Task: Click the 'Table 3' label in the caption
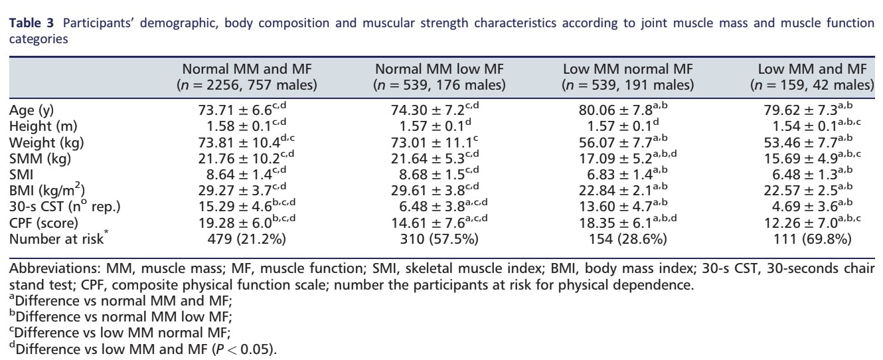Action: click(x=27, y=23)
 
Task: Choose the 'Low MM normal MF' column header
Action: click(x=627, y=69)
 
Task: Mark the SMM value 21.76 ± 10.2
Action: click(x=243, y=158)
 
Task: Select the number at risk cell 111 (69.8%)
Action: click(x=817, y=238)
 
